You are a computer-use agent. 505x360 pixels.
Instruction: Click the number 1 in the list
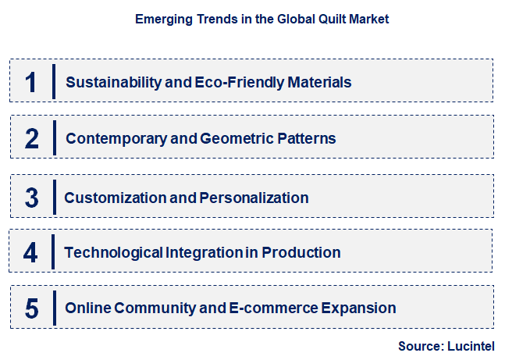[x=30, y=82]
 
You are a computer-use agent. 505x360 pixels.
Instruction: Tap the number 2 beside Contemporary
[x=31, y=138]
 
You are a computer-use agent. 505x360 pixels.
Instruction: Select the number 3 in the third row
[x=31, y=198]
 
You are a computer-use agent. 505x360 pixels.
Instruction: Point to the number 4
[x=31, y=252]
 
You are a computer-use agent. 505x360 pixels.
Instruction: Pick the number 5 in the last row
[x=31, y=308]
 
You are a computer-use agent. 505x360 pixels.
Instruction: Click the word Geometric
[x=233, y=138]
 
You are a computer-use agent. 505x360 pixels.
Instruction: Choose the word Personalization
[x=254, y=198]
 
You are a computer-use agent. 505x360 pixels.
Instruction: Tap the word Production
[x=301, y=252]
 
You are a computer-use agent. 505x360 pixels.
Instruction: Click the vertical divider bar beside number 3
[x=54, y=198]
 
